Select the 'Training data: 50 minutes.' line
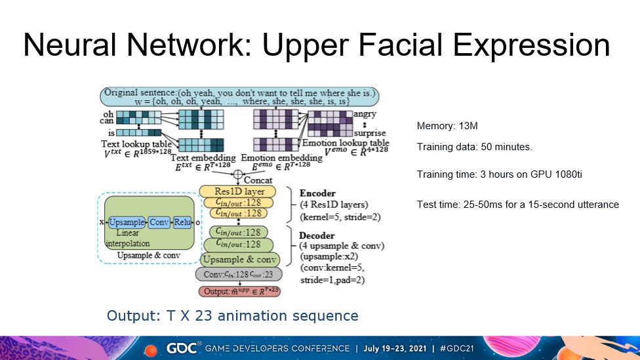click(x=474, y=147)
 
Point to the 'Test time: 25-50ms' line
click(x=517, y=205)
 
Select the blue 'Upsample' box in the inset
click(x=126, y=222)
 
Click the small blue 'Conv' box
click(x=159, y=222)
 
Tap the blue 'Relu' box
click(x=182, y=222)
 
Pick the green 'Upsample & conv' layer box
click(x=241, y=259)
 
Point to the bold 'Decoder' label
click(x=317, y=235)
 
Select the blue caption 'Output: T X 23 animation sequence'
click(x=233, y=315)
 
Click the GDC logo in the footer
click(x=180, y=348)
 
